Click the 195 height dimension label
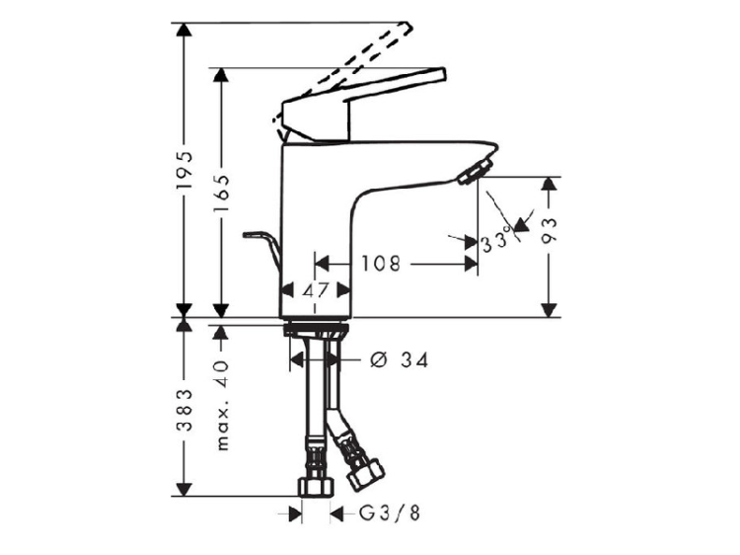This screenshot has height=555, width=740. point(185,170)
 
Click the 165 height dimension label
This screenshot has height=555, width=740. point(221,194)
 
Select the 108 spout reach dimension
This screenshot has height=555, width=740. point(381,264)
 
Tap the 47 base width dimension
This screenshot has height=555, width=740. point(316,290)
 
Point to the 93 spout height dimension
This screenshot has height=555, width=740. point(549,230)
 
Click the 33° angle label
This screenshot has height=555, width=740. point(495,240)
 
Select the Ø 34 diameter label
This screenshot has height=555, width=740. point(400,360)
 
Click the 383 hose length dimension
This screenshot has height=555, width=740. point(185,410)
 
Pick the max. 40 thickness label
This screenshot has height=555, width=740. point(221,405)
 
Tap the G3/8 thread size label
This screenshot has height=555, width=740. point(390,514)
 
